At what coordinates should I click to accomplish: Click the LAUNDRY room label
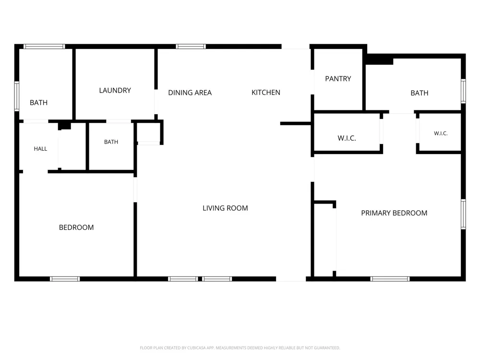pos(115,90)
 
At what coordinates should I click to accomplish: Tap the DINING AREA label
pos(190,93)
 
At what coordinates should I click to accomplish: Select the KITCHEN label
pos(266,93)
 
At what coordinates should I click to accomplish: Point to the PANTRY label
pos(338,79)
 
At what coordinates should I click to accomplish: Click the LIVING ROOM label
pos(225,208)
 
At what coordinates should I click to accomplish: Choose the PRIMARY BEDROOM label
pos(394,213)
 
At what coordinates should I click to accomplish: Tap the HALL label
pos(40,149)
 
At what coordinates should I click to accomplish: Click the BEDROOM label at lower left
pos(76,228)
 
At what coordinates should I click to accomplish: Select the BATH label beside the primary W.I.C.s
pos(420,93)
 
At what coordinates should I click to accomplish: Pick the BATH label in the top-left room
pos(38,103)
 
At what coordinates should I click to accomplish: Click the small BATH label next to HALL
pos(111,142)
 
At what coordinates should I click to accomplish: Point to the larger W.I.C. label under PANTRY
pos(347,138)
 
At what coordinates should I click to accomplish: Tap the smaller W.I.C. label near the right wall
pos(441,133)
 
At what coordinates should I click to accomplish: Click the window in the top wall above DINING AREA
pos(191,47)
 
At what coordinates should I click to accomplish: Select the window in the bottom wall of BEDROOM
pos(65,279)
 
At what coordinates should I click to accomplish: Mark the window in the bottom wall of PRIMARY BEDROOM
pos(390,279)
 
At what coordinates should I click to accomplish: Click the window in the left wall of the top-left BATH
pos(17,96)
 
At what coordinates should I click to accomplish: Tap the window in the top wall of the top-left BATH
pos(44,47)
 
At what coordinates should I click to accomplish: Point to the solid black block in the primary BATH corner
pos(380,59)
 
